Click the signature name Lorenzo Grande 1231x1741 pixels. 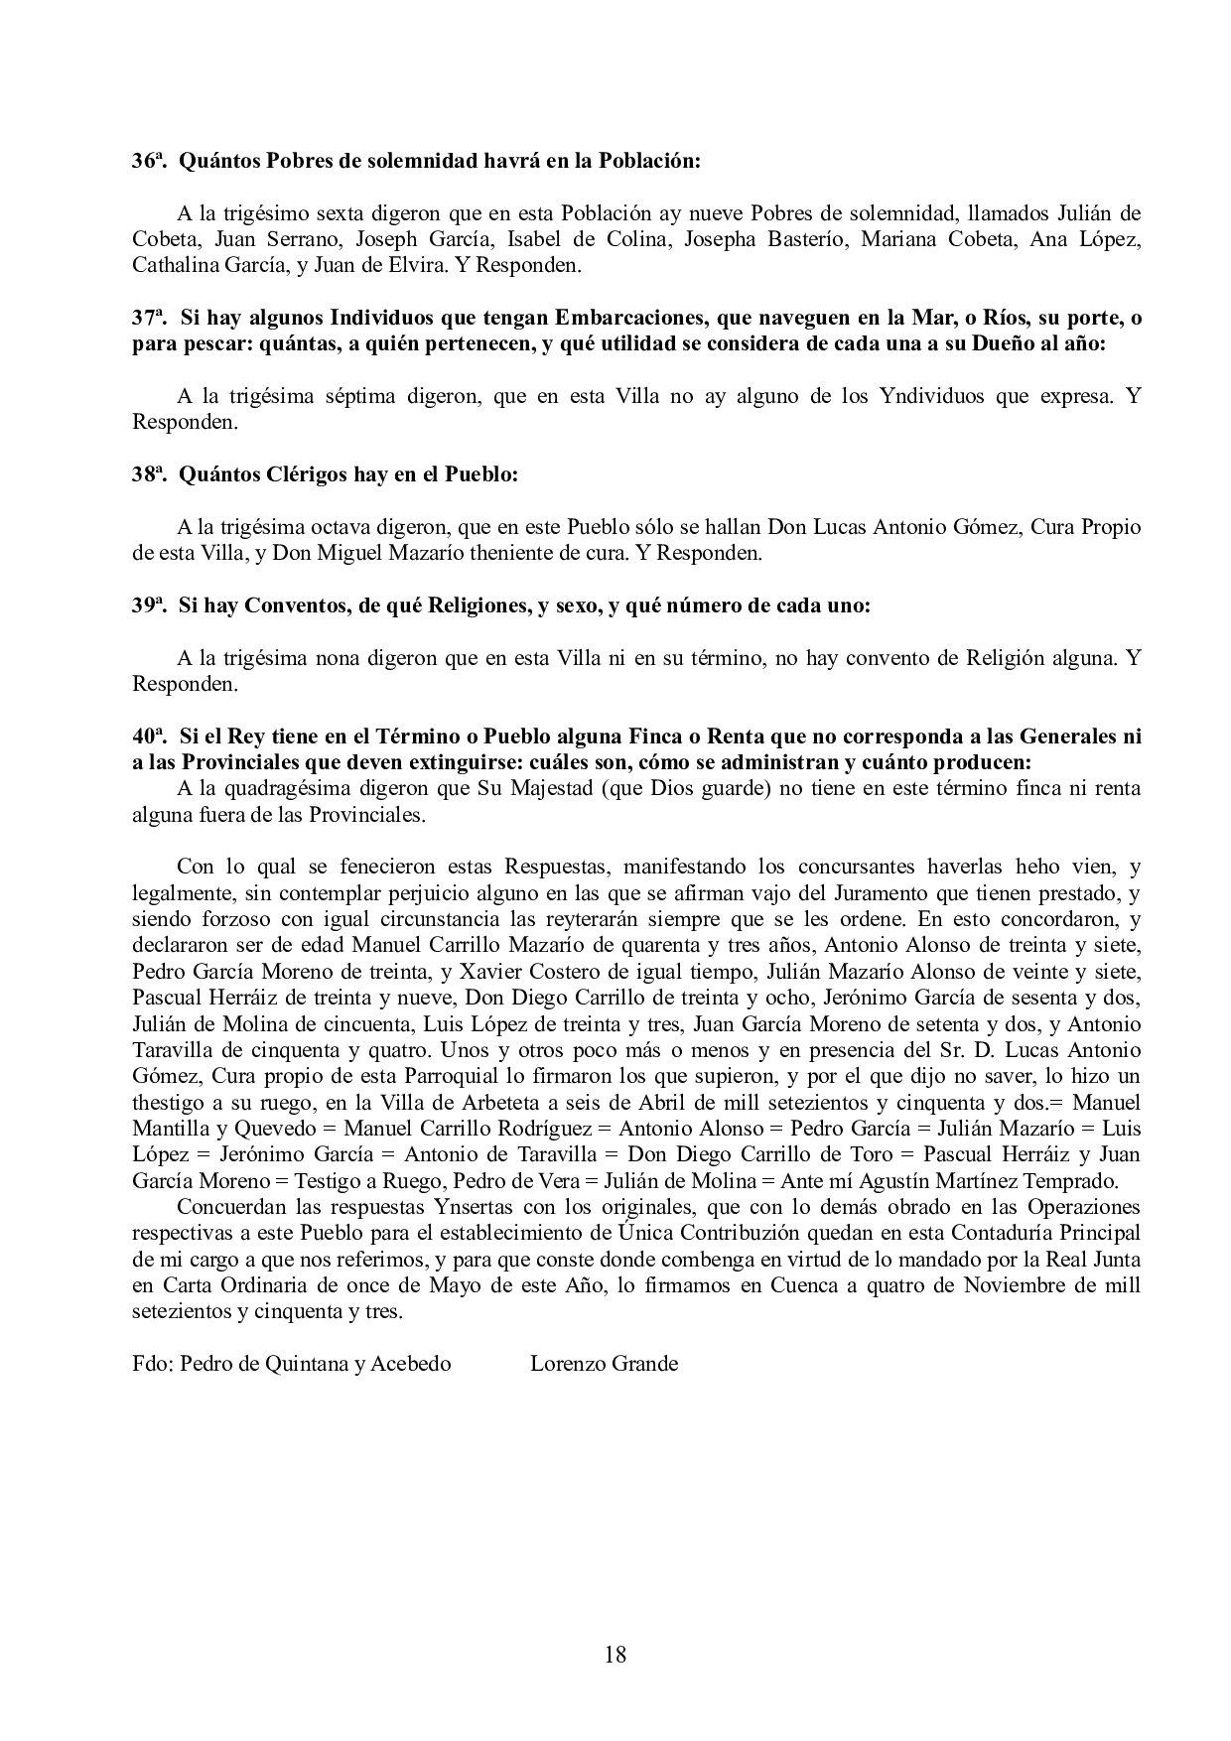tap(604, 1364)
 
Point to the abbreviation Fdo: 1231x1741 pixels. tap(154, 1364)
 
